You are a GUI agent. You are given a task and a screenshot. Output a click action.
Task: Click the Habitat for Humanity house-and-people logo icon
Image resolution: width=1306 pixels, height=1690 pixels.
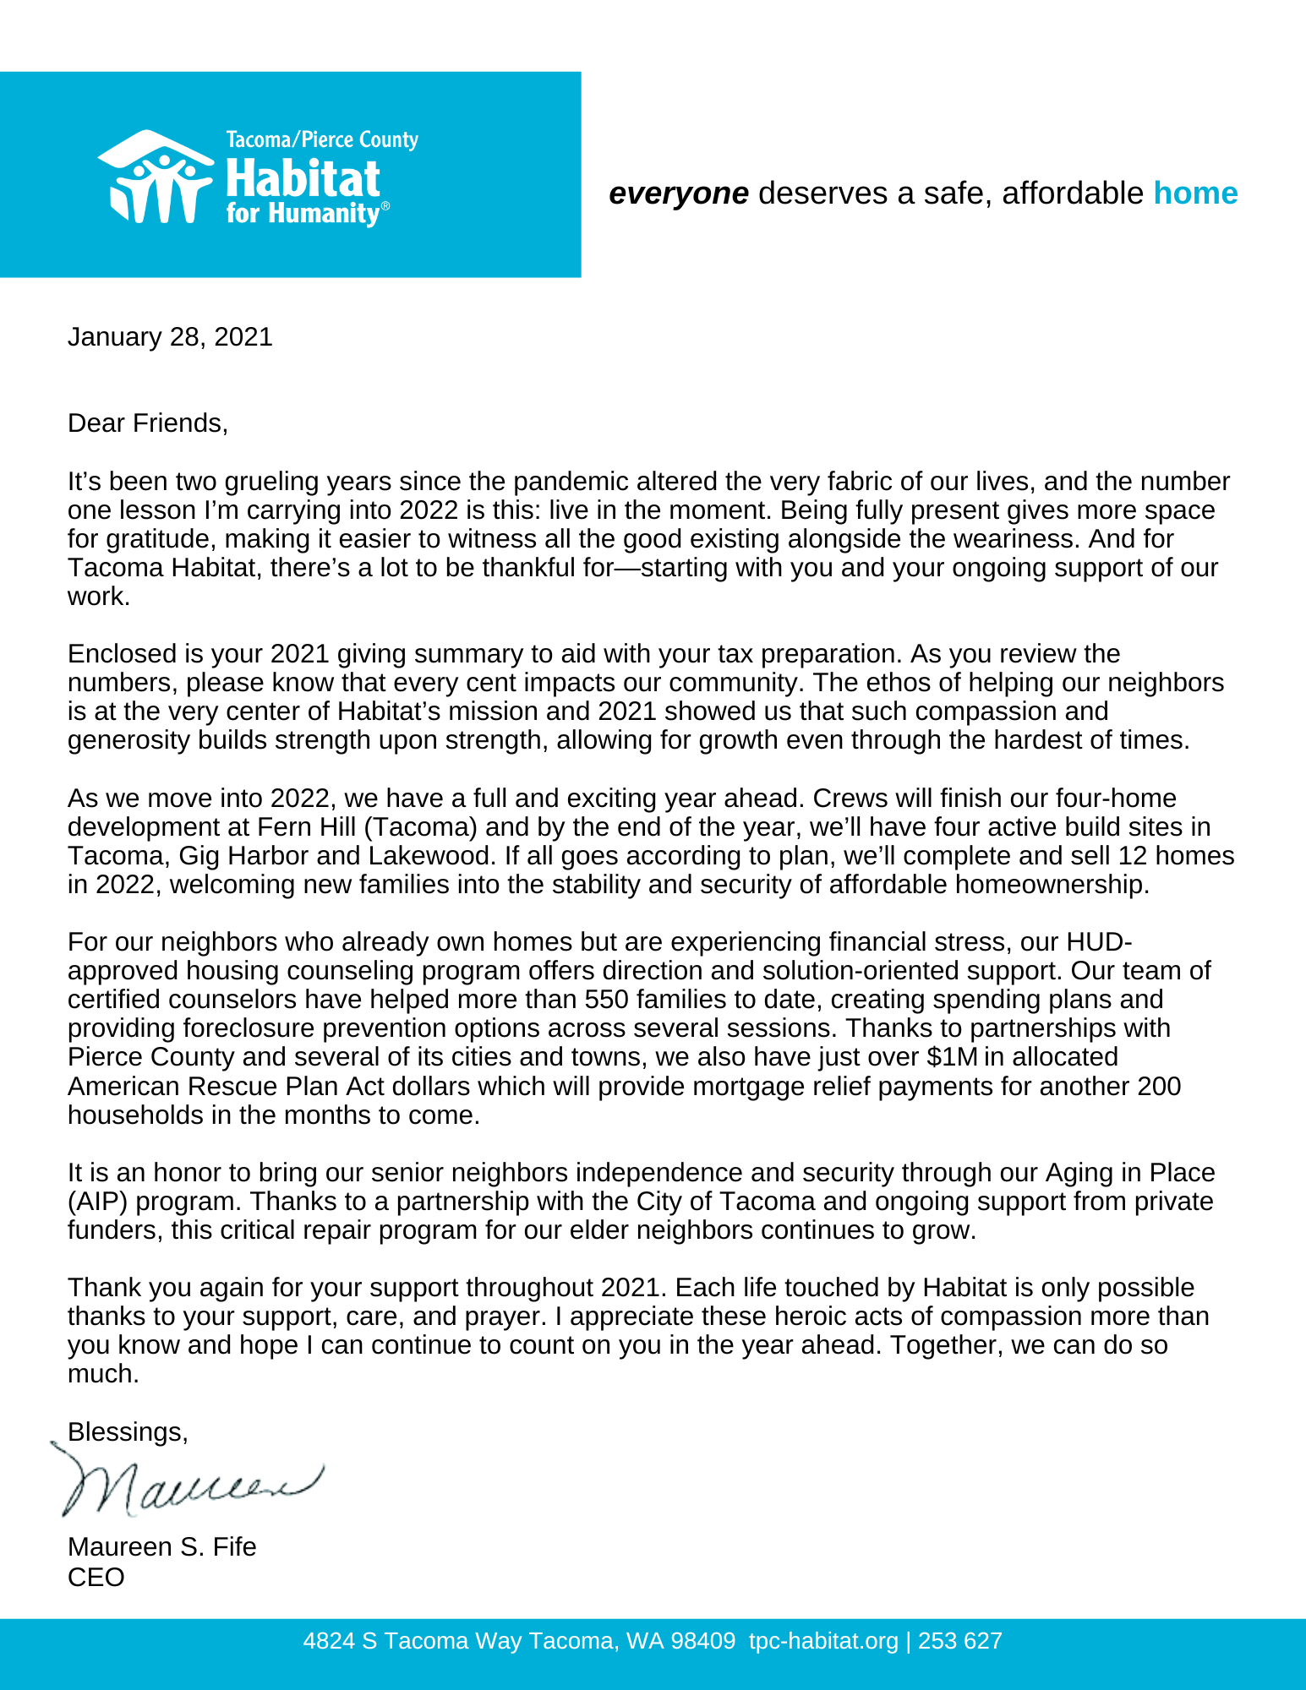tap(156, 177)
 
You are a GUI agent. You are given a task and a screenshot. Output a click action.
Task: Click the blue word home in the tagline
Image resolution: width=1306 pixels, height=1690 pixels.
tap(1195, 194)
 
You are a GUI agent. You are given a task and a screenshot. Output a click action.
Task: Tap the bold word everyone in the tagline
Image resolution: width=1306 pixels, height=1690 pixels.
tap(678, 194)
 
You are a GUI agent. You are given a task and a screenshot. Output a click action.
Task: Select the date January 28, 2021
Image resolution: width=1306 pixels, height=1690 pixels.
tap(170, 337)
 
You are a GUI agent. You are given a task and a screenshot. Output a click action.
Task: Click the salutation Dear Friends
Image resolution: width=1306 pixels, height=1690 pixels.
tap(148, 422)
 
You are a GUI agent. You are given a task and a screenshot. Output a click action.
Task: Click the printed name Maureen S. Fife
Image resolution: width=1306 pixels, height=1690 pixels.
tap(161, 1546)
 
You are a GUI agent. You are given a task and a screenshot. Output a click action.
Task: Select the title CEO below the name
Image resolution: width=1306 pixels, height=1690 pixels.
tap(96, 1577)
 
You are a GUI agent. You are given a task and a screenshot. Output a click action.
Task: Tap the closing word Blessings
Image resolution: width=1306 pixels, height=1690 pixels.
tap(127, 1431)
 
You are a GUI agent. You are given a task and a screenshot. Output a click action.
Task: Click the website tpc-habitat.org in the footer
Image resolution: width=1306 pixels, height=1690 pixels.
tap(823, 1641)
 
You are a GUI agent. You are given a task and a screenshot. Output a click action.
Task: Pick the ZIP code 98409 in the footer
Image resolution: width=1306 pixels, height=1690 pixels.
tap(702, 1641)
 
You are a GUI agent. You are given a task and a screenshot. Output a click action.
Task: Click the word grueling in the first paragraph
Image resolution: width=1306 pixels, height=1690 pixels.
tap(270, 481)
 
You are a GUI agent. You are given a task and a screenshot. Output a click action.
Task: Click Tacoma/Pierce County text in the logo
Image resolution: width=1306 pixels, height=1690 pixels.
tap(322, 139)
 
